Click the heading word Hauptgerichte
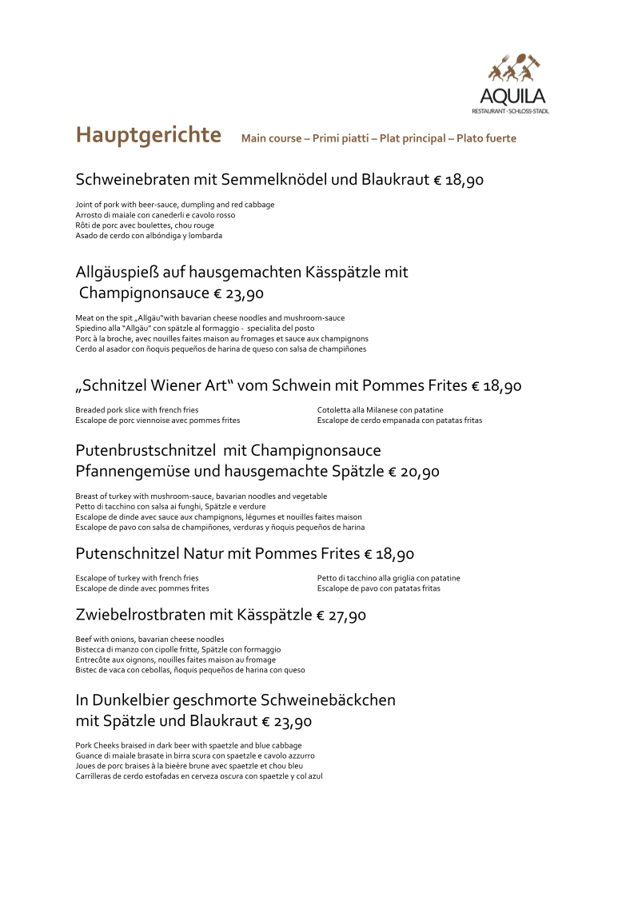(148, 135)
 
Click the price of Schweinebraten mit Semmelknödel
(458, 180)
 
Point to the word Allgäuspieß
(120, 273)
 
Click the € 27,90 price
(341, 616)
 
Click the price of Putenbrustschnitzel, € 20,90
(414, 472)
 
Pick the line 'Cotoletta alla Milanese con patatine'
(380, 410)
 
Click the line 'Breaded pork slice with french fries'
(137, 410)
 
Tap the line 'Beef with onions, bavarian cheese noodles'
(150, 640)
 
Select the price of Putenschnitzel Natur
(389, 554)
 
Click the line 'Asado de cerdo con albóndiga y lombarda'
(149, 236)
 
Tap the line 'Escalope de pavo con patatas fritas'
(378, 588)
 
